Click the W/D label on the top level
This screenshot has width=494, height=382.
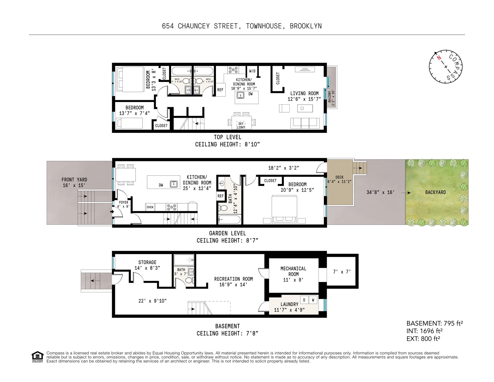pos(252,71)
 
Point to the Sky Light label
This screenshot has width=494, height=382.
pos(241,125)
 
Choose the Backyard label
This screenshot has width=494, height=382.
pos(435,192)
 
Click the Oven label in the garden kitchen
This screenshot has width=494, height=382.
pos(150,207)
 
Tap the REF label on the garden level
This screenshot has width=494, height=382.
pos(220,196)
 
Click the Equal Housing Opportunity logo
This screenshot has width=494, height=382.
pos(38,357)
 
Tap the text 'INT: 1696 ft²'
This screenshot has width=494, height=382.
pos(425,331)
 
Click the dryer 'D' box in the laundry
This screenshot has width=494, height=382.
pos(304,300)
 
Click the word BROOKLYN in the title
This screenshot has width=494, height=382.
pos(306,26)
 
